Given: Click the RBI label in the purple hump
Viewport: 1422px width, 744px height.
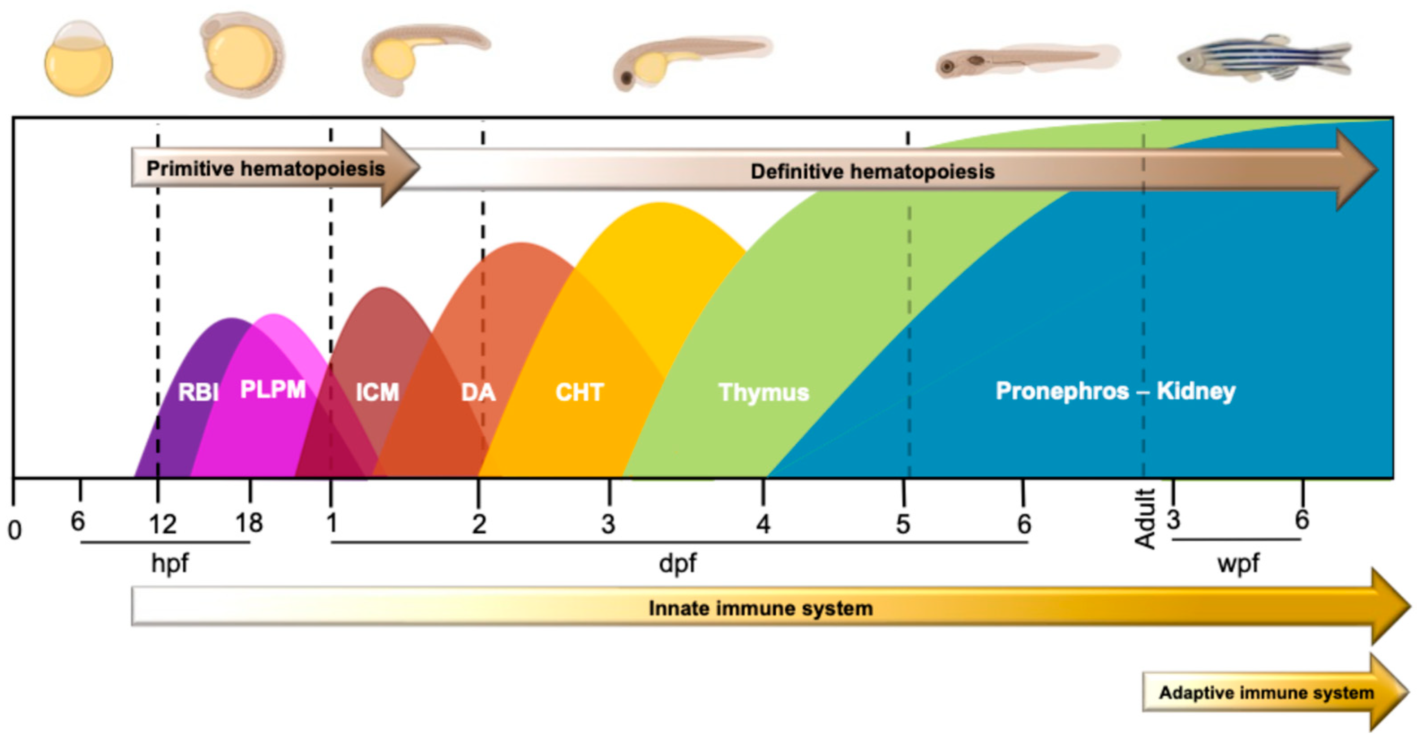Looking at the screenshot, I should pos(198,393).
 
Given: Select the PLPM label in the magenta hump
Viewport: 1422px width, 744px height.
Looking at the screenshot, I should pos(273,389).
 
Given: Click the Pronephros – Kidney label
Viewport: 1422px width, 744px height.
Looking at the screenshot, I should pos(1115,391).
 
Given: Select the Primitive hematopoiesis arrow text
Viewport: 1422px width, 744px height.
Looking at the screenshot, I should pos(265,168).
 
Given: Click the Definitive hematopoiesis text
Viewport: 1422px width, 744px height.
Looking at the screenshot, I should pos(872,171).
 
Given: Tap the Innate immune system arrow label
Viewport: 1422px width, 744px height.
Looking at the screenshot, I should pos(760,608).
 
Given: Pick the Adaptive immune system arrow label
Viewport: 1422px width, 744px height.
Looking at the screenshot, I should pos(1266,692).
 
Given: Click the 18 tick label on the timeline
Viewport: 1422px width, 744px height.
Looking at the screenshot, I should pos(249,522).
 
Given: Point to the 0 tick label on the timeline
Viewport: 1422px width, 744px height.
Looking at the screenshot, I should pos(15,530).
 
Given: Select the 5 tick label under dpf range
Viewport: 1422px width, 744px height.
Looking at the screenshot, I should pos(903,524).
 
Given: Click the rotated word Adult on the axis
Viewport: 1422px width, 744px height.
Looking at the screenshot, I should pos(1145,518).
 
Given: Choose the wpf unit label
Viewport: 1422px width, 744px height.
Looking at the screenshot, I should pos(1238,564).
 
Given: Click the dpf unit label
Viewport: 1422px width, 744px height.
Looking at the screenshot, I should pos(677,564).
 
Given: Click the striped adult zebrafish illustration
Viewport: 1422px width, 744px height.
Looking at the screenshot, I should pos(1264,58).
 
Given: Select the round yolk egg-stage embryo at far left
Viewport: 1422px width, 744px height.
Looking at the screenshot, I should pos(78,60).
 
